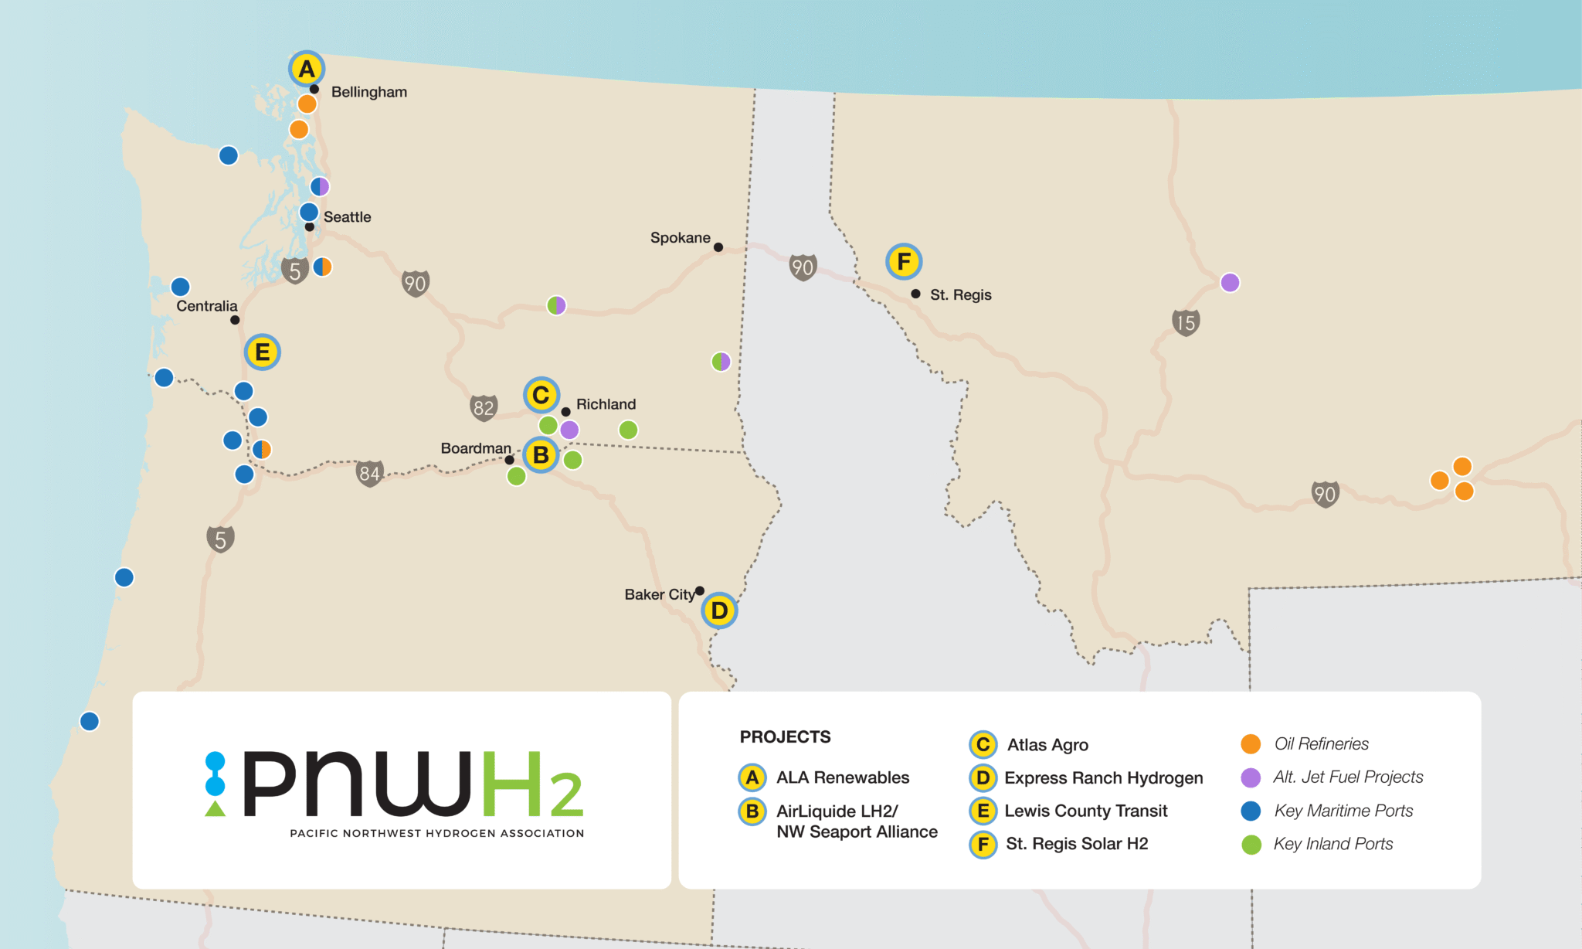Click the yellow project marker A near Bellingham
point(307,69)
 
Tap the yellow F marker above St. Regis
point(904,262)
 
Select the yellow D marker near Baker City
point(719,611)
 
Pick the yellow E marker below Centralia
point(262,352)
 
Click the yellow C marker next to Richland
point(541,395)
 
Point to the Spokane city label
point(680,237)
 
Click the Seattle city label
point(347,217)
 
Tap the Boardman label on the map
point(476,448)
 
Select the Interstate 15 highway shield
point(1186,322)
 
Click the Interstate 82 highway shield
point(484,407)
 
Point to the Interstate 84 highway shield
point(369,473)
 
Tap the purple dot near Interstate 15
point(1230,283)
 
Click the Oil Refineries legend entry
point(1321,743)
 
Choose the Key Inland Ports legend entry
point(1332,844)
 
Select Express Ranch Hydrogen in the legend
point(1103,777)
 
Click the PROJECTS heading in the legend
point(785,736)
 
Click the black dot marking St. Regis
point(915,294)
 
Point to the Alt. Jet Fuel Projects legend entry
point(1347,777)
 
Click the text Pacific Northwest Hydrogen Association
point(436,833)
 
